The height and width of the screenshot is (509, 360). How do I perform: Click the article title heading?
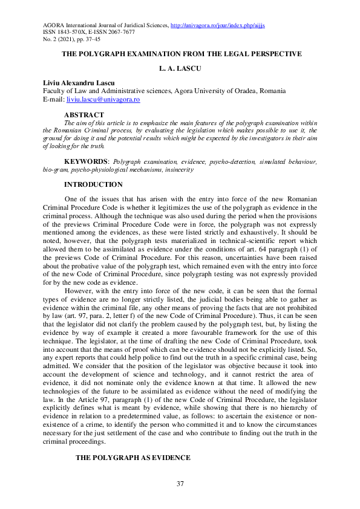pyautogui.click(x=182, y=54)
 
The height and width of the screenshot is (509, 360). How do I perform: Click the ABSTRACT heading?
pyautogui.click(x=84, y=115)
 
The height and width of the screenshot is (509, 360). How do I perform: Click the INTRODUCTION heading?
pyautogui.click(x=93, y=184)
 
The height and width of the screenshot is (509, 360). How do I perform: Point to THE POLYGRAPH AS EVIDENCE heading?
pyautogui.click(x=133, y=458)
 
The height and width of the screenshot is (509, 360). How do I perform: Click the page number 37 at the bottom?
pyautogui.click(x=180, y=484)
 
